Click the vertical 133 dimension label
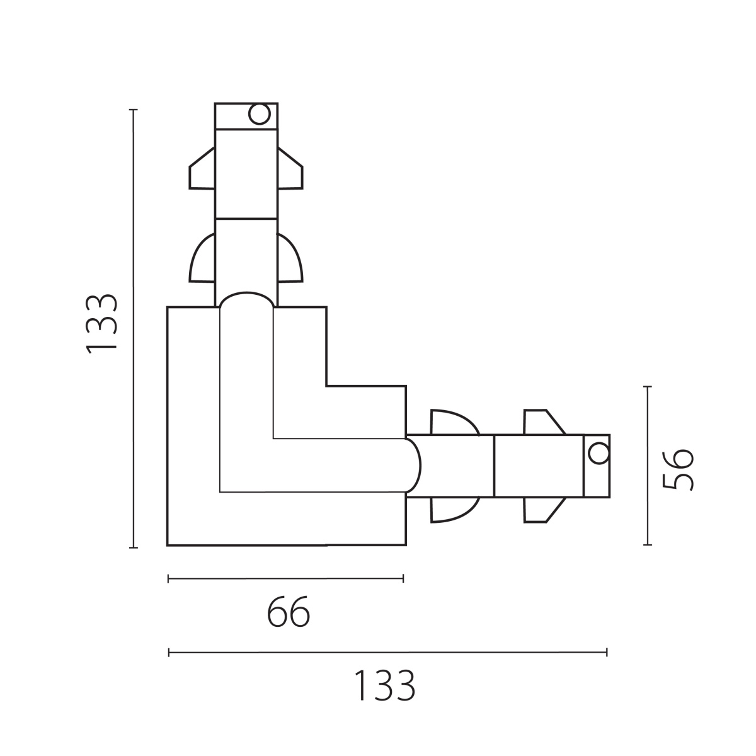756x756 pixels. tap(101, 324)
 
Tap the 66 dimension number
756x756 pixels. tap(289, 612)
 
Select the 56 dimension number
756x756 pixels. tap(677, 469)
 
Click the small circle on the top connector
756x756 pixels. tap(260, 114)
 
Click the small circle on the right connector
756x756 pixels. tap(599, 454)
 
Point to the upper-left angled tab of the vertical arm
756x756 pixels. tap(202, 169)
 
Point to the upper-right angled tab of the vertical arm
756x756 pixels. tap(290, 169)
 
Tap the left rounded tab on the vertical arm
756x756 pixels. tap(202, 258)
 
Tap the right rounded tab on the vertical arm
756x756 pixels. tap(290, 258)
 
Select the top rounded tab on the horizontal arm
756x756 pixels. tap(455, 423)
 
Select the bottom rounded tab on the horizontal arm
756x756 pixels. tap(455, 510)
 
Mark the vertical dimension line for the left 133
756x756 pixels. tap(134, 328)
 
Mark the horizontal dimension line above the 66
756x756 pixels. tap(285, 578)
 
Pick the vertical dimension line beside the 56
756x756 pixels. tap(648, 466)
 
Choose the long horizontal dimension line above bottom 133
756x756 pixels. tap(387, 653)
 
